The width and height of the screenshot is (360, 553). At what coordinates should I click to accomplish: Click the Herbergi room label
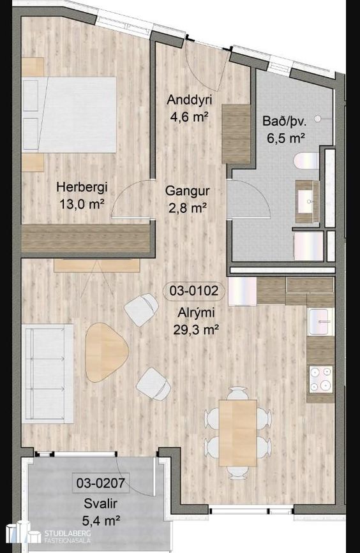coord(82,187)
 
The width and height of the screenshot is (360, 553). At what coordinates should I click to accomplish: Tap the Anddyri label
coord(190,100)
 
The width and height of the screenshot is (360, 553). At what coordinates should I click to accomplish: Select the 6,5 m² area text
coord(286,138)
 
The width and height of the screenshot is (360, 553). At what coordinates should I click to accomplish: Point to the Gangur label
coord(188,191)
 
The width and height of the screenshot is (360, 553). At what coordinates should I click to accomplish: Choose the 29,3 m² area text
coord(196,329)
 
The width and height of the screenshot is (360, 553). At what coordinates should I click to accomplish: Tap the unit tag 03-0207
coord(101,482)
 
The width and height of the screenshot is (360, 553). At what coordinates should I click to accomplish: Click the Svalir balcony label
coord(101,504)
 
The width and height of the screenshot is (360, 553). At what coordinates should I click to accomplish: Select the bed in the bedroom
coord(69,115)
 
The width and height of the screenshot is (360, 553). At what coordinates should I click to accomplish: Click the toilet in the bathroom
coord(306,161)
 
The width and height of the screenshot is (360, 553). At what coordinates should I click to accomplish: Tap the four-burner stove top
coord(321,379)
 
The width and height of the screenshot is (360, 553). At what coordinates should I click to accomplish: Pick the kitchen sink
coord(321,321)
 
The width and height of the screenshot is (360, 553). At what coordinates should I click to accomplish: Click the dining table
coord(238,432)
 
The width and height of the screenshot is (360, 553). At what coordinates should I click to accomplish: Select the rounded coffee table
coord(106,352)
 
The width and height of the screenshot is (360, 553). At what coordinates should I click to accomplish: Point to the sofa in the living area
coord(48,374)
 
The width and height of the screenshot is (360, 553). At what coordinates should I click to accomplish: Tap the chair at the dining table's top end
coord(237,394)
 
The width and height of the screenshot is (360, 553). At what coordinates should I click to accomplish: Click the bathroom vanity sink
coord(307,202)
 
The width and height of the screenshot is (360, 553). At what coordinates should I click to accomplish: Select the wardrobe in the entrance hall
coord(236,134)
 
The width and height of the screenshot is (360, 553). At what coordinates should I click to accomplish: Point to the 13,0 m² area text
coord(82,204)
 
